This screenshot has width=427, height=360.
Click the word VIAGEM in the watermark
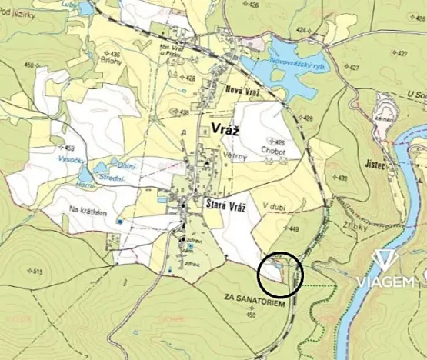click(x=384, y=282)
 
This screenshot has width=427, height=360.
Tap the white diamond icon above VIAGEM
click(x=384, y=260)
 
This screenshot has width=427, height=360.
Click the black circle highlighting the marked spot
click(x=280, y=274)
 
